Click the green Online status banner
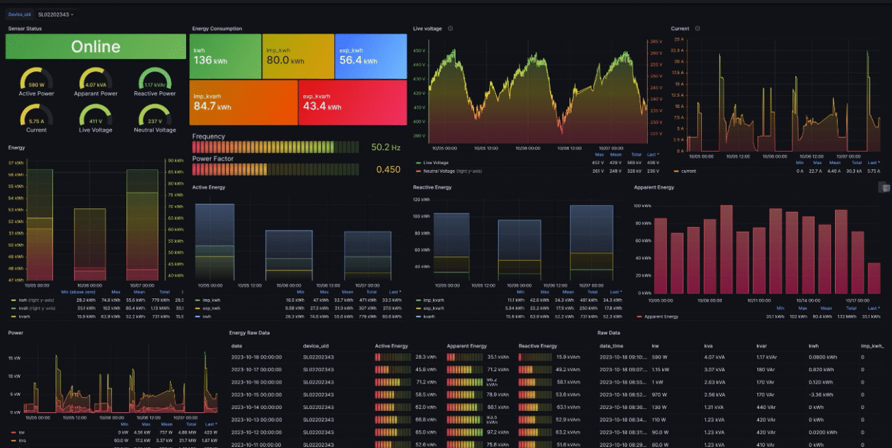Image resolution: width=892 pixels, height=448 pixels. [95, 47]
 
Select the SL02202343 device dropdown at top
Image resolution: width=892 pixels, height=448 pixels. [56, 14]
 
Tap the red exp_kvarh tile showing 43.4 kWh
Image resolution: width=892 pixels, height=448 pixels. [352, 103]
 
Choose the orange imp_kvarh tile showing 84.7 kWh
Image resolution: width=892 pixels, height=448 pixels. [243, 103]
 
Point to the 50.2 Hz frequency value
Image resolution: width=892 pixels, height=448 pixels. [386, 148]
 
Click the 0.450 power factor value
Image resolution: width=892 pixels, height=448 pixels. [388, 169]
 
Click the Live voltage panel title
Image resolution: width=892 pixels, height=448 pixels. [427, 29]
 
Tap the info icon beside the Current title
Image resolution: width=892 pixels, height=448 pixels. [697, 29]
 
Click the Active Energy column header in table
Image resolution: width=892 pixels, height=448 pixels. [391, 346]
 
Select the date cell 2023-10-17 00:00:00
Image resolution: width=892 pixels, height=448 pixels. [256, 369]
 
